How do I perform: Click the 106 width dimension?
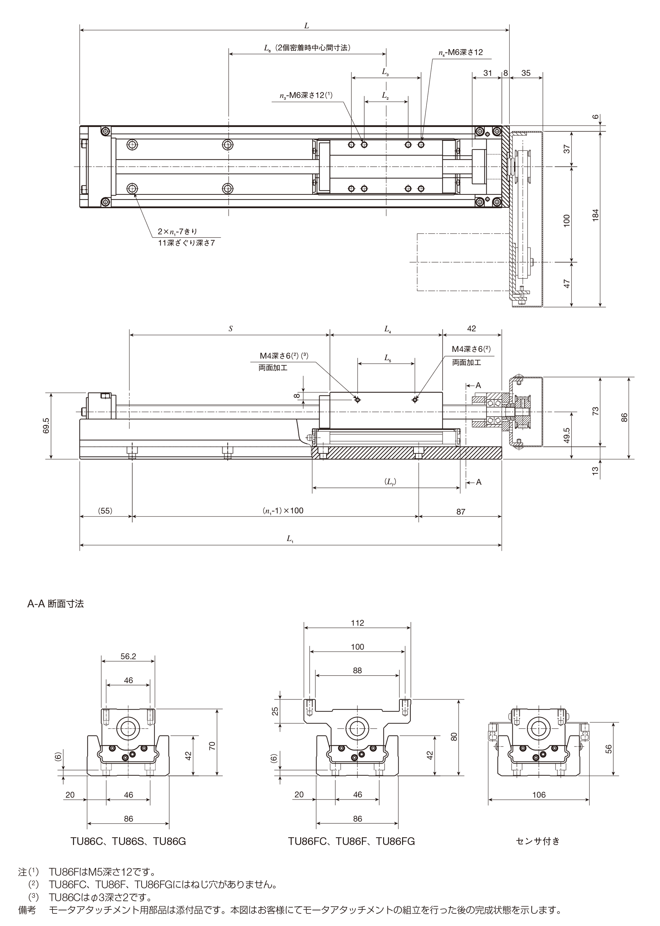pyautogui.click(x=539, y=795)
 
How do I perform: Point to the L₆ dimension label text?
pyautogui.click(x=307, y=48)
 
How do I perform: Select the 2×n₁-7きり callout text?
pyautogui.click(x=178, y=232)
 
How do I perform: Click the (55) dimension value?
pyautogui.click(x=105, y=511)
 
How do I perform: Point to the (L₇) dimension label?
pyautogui.click(x=390, y=482)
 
